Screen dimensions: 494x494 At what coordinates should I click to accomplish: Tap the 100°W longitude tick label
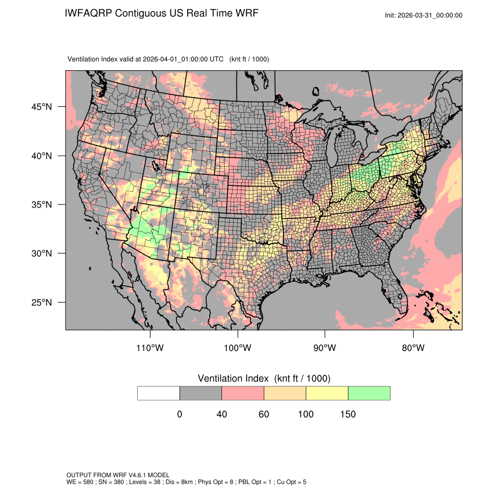(238, 348)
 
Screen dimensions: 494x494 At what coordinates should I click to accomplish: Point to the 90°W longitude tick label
(325, 348)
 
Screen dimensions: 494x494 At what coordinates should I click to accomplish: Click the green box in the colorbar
(369, 393)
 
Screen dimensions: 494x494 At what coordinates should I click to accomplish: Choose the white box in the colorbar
(159, 393)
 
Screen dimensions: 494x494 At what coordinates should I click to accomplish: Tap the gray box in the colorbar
(201, 393)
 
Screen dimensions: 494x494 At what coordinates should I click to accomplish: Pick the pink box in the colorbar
(243, 393)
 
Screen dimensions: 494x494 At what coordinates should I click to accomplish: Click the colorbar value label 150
(348, 414)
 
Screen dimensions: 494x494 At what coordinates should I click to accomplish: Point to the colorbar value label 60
(264, 414)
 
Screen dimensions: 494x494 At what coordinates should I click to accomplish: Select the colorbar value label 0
(180, 414)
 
